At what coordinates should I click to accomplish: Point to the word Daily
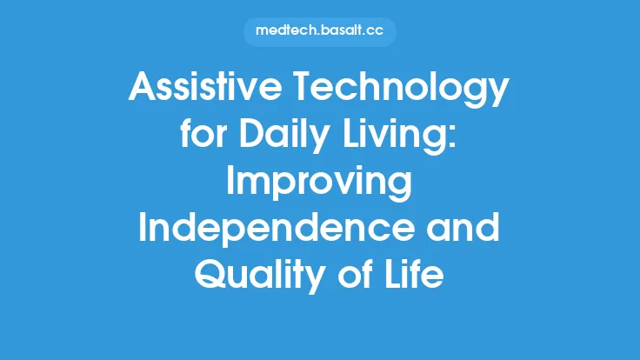coord(294,138)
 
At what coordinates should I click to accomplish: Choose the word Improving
coord(319,184)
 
